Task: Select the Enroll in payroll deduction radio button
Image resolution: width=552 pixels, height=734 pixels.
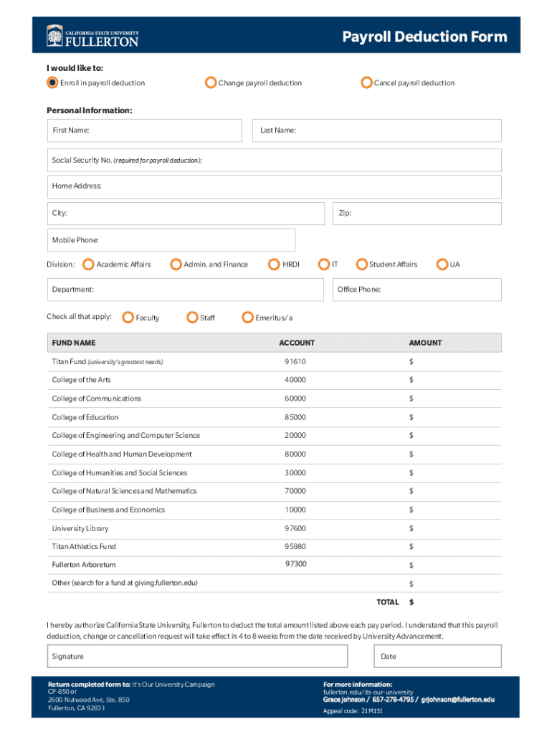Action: [x=52, y=82]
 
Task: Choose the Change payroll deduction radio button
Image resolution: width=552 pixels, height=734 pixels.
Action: [x=210, y=82]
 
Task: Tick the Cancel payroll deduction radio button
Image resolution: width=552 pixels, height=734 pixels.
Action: [x=366, y=82]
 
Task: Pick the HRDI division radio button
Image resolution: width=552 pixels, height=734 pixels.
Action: [x=273, y=264]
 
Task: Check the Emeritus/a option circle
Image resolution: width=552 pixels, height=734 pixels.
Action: [x=247, y=318]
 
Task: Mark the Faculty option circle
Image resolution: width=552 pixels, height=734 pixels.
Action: [x=128, y=318]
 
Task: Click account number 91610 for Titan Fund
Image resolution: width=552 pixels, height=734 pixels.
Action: [x=295, y=362]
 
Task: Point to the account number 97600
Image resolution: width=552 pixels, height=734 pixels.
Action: [x=295, y=528]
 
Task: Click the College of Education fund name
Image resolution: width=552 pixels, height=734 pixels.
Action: [x=85, y=417]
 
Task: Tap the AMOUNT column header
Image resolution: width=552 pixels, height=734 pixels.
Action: [x=425, y=343]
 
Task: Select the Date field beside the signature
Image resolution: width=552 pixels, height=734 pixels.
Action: [x=437, y=656]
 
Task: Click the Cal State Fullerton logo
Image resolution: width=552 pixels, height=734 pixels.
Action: [x=92, y=36]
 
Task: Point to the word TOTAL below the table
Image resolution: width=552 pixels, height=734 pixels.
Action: [x=388, y=602]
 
